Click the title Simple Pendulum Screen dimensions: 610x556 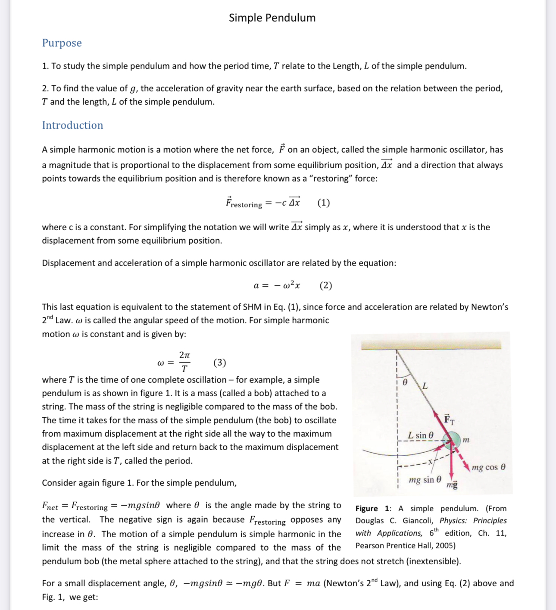pyautogui.click(x=272, y=18)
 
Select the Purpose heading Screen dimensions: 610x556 pyautogui.click(x=62, y=43)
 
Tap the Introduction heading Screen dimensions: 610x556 pyautogui.click(x=72, y=125)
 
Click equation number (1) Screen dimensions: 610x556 pyautogui.click(x=323, y=203)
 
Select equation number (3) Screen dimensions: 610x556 pyautogui.click(x=219, y=363)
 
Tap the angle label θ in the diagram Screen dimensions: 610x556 pyautogui.click(x=405, y=382)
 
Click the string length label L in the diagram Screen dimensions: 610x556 pyautogui.click(x=425, y=385)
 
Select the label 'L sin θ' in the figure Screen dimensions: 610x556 pyautogui.click(x=421, y=435)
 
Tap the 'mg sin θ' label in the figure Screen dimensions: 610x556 pyautogui.click(x=425, y=480)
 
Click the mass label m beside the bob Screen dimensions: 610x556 pyautogui.click(x=466, y=440)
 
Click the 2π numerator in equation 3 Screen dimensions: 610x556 pyautogui.click(x=184, y=355)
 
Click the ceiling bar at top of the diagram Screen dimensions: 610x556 pyautogui.click(x=431, y=345)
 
